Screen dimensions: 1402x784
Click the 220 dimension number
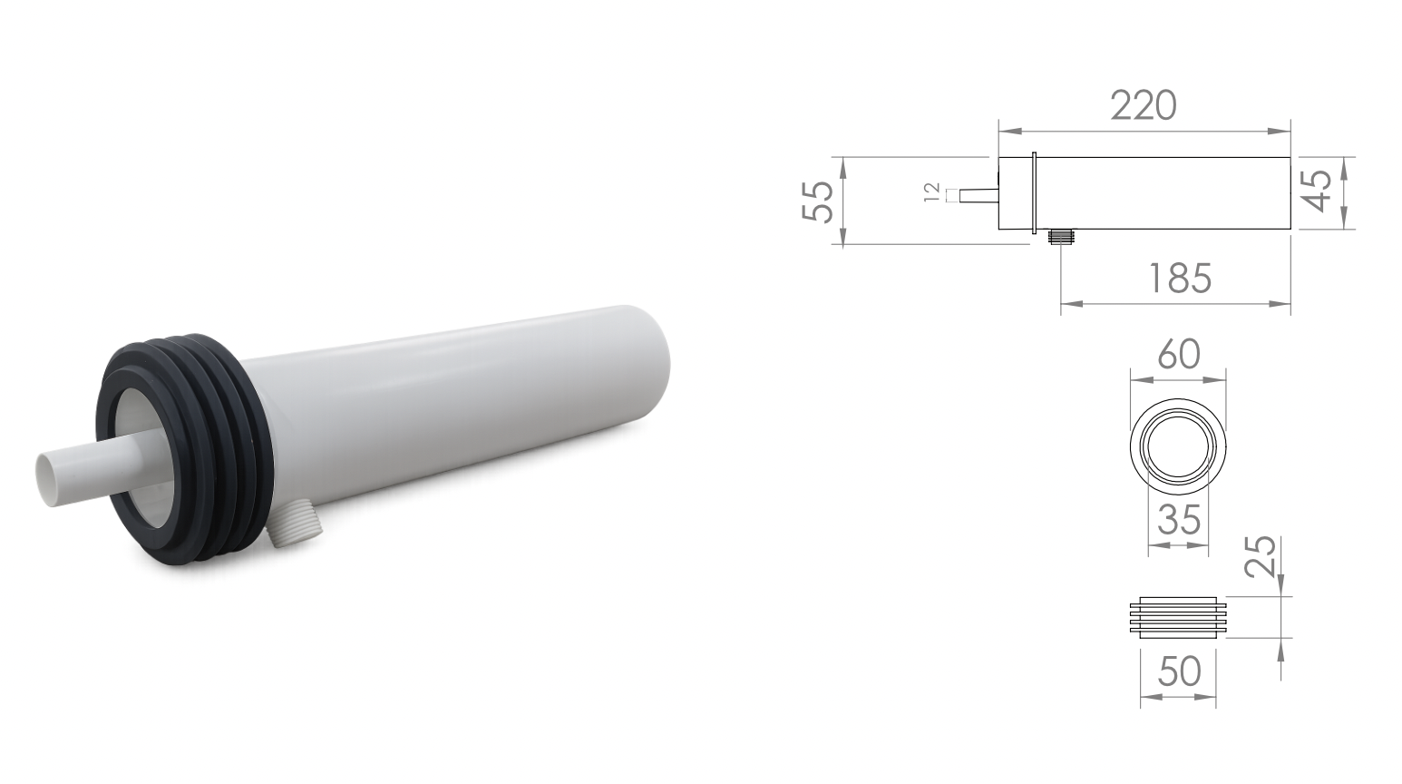pyautogui.click(x=1144, y=105)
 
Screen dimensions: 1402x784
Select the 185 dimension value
pyautogui.click(x=1181, y=278)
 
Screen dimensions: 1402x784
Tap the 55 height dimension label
pyautogui.click(x=818, y=201)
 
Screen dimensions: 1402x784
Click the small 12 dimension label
pyautogui.click(x=932, y=192)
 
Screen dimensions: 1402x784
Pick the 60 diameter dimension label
pyautogui.click(x=1179, y=354)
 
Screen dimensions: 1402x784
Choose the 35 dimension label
pyautogui.click(x=1179, y=519)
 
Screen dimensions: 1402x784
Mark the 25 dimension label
pyautogui.click(x=1260, y=555)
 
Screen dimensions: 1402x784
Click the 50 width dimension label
pyautogui.click(x=1179, y=671)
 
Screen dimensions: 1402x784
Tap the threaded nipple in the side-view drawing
pyautogui.click(x=1061, y=237)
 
